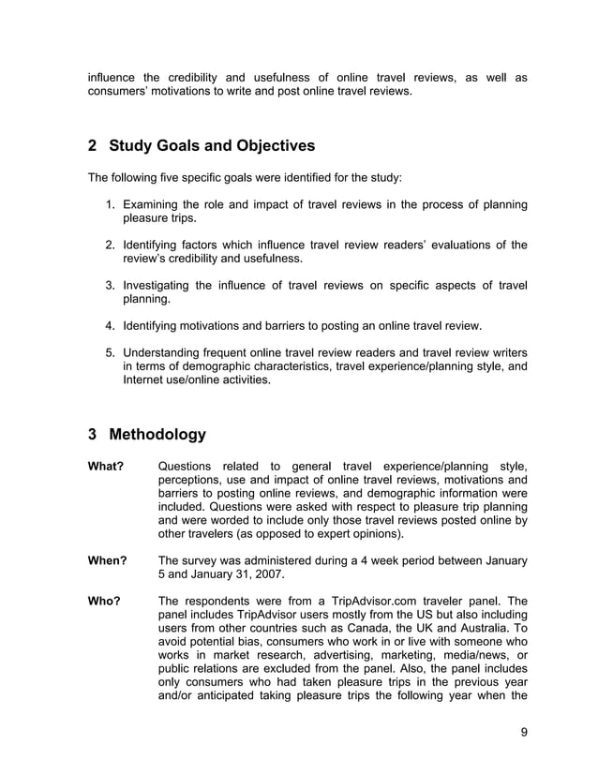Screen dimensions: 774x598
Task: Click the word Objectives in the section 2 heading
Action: point(268,146)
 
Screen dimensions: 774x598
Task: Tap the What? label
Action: point(106,467)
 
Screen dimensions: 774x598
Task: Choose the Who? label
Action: point(104,601)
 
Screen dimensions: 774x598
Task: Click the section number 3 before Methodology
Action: point(92,435)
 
